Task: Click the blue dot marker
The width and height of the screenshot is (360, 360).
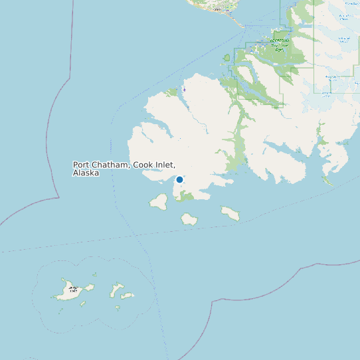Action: coord(179,179)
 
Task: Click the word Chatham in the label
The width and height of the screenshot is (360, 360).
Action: coord(111,165)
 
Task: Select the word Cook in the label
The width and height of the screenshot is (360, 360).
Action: coord(143,165)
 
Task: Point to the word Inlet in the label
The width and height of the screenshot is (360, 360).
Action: coord(166,165)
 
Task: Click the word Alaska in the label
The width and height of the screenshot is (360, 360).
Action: coord(86,173)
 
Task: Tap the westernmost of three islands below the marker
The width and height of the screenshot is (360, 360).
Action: coord(159,201)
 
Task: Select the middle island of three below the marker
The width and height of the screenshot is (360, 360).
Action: coord(189,219)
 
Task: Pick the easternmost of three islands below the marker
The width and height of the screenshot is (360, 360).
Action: coord(230,213)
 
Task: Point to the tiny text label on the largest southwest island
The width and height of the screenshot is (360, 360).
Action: coord(74,290)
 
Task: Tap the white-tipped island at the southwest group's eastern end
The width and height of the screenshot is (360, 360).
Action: coord(127,296)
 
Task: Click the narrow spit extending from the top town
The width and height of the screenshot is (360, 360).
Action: coord(238,21)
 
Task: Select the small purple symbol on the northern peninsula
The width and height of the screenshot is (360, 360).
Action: coord(184,88)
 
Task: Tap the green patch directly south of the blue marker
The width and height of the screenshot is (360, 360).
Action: coord(185,196)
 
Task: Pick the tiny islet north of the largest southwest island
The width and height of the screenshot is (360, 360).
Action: coord(95,274)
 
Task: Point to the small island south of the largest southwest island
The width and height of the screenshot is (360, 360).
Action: coord(83,304)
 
